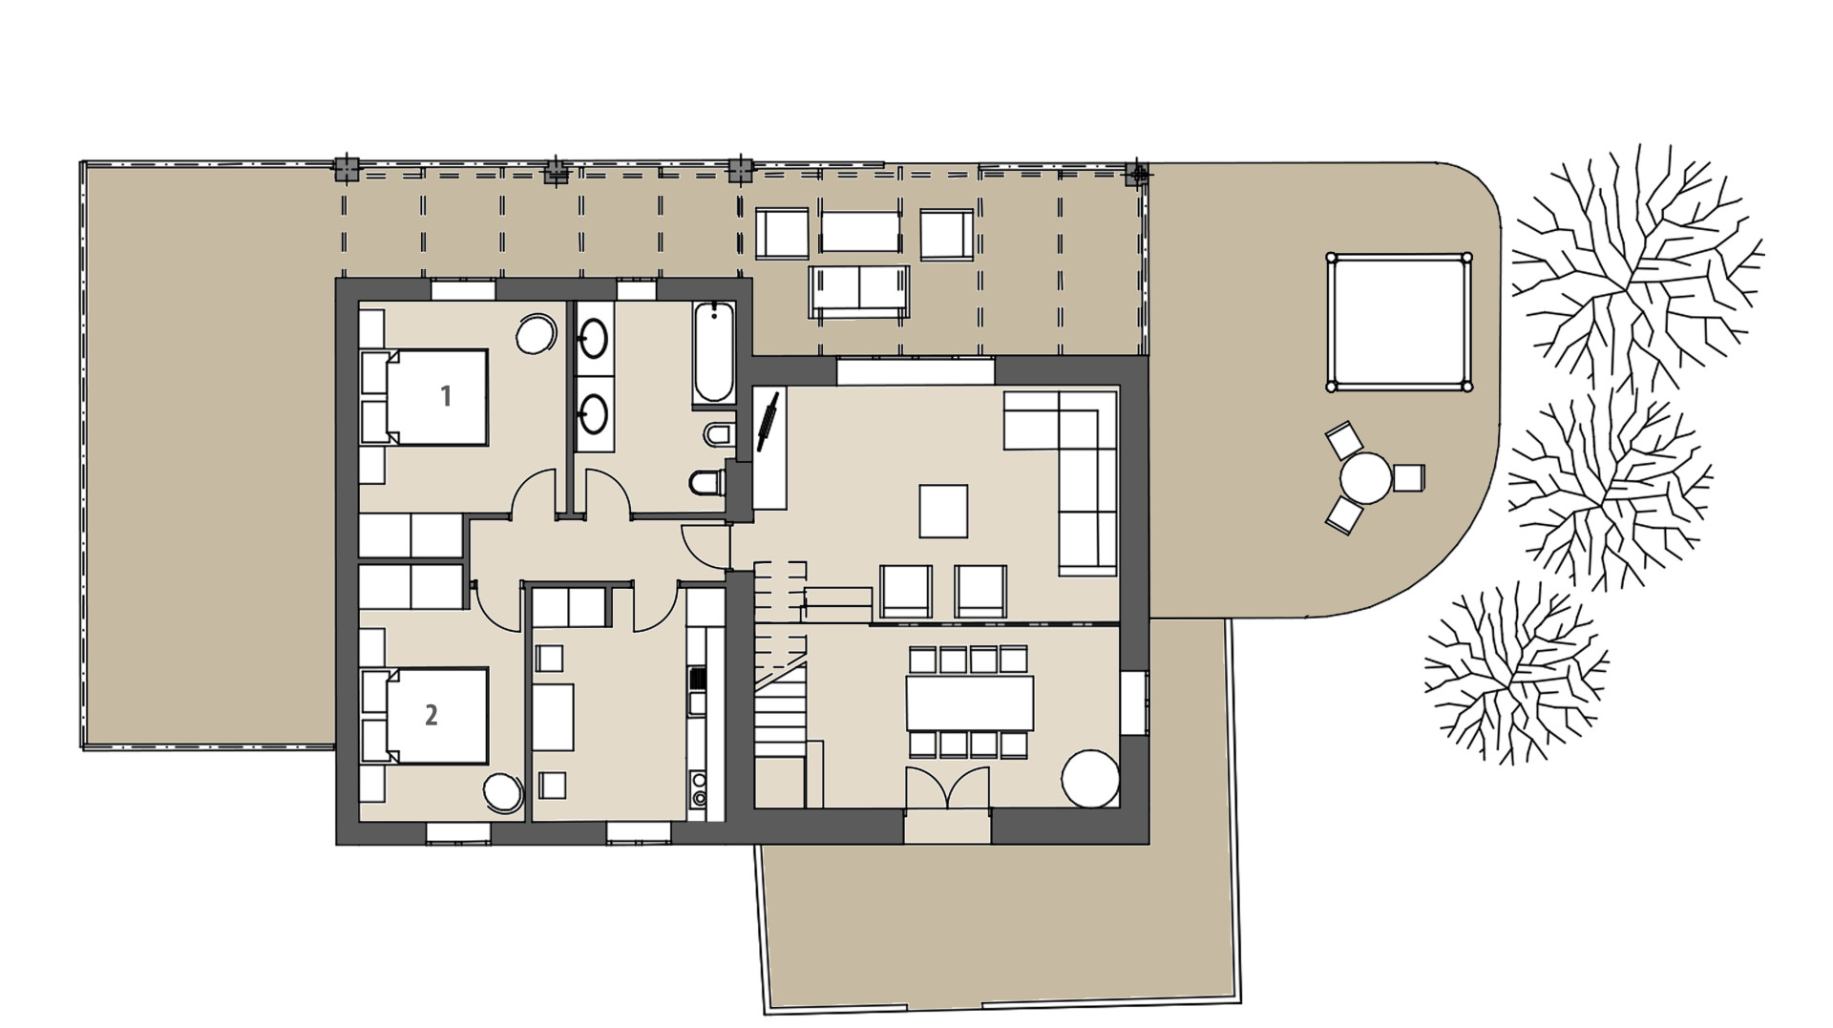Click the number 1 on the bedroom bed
pos(445,396)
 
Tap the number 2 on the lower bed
pos(432,715)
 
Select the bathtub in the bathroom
pos(713,353)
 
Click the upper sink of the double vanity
pos(594,338)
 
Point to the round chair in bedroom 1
pos(536,335)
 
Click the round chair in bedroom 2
pos(503,792)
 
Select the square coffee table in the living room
pos(943,511)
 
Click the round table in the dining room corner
pos(1091,778)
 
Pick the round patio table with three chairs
pos(1366,477)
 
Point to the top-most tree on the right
pos(1634,267)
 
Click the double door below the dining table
pos(947,788)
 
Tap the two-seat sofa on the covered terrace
pos(859,290)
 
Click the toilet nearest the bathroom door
pos(707,483)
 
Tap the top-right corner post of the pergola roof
pos(1137,175)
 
